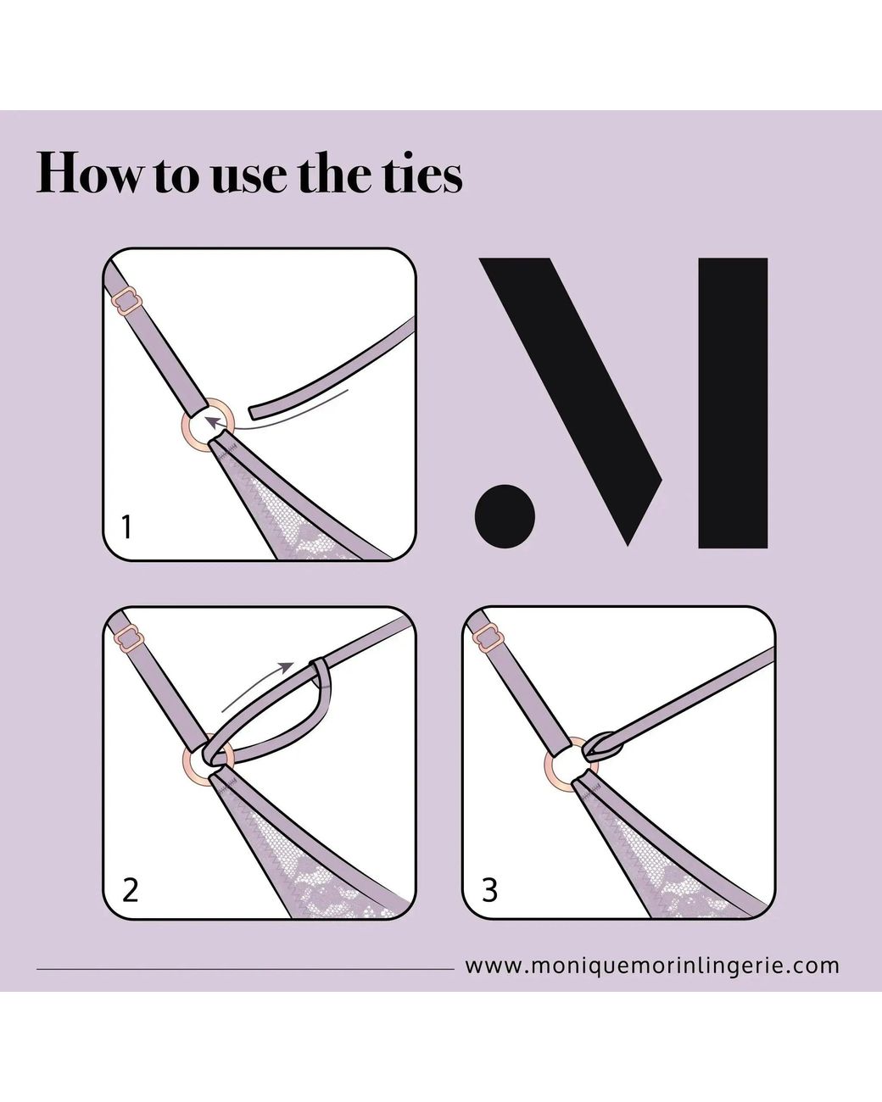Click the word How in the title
(87, 173)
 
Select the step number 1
(127, 527)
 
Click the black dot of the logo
(505, 516)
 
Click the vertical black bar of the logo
(733, 403)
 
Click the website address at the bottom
(652, 966)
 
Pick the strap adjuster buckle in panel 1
(126, 303)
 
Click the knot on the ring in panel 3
(601, 749)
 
